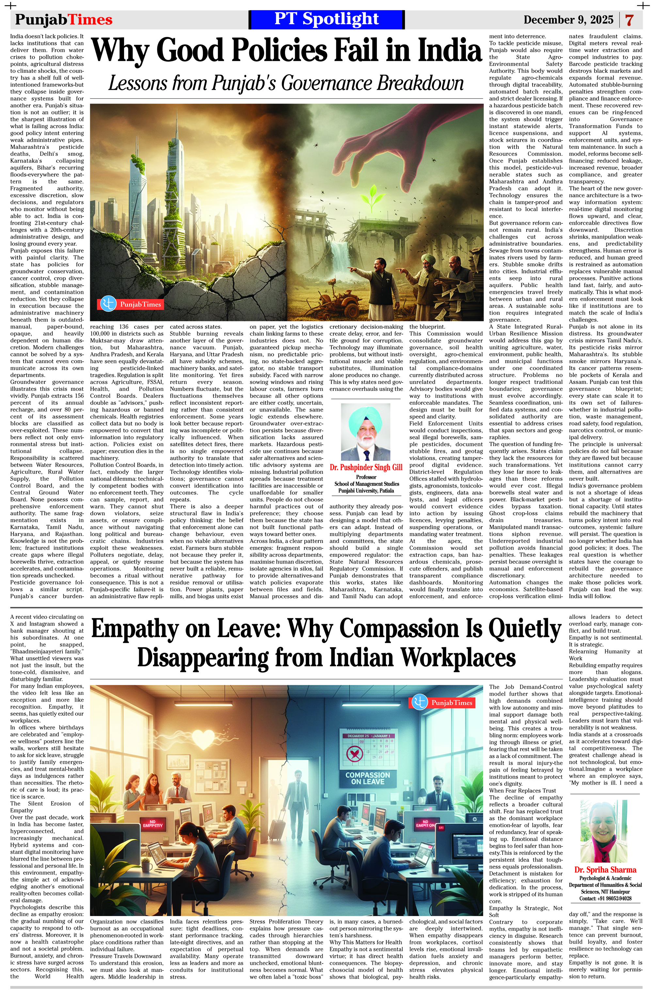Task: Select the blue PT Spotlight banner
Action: (326, 19)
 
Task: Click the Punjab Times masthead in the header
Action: (64, 20)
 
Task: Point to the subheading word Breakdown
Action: (419, 83)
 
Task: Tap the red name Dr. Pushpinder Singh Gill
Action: (366, 467)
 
